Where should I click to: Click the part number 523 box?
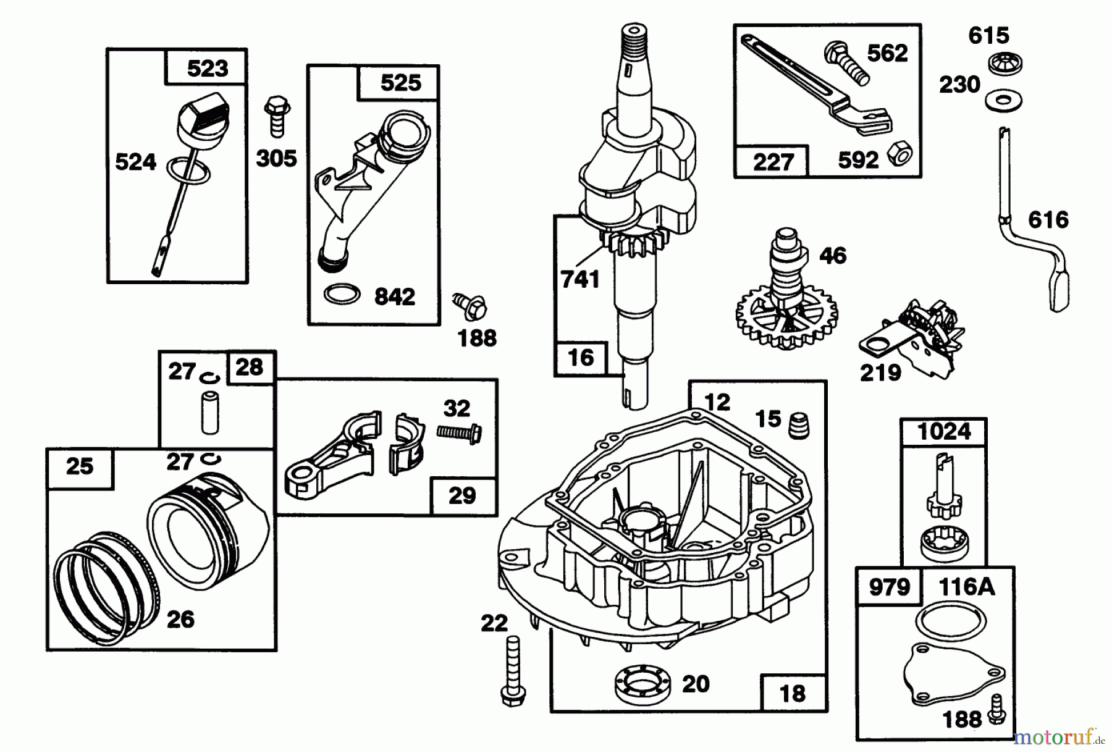(x=207, y=68)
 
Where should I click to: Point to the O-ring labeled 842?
(x=342, y=294)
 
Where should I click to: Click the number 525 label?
(x=400, y=83)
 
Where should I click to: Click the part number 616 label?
(x=1048, y=220)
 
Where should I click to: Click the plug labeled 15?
(x=799, y=425)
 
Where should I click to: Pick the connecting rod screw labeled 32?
(x=459, y=432)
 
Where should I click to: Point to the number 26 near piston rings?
(x=180, y=619)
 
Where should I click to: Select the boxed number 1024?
(x=944, y=431)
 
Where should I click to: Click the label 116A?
(x=967, y=587)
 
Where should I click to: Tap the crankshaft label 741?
(x=579, y=279)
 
